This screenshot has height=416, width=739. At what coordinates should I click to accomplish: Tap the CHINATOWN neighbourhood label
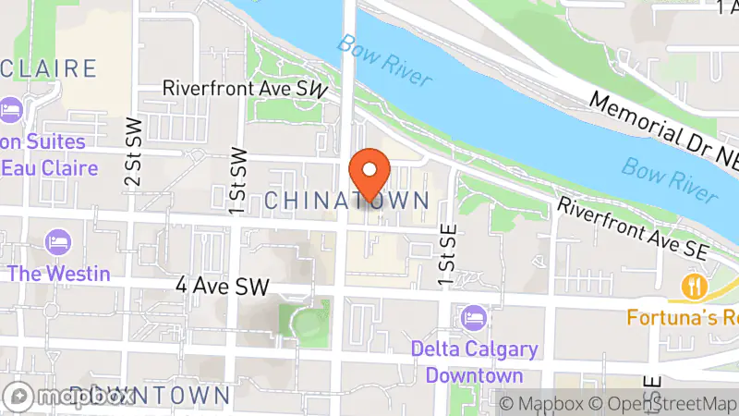coord(346,200)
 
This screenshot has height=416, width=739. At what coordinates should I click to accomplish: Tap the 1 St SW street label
coord(238,180)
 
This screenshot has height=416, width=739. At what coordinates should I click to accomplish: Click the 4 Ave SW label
coord(221,287)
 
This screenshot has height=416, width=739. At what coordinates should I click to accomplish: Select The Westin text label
coord(59,274)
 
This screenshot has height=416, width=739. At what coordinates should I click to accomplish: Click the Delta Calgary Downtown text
coord(475,363)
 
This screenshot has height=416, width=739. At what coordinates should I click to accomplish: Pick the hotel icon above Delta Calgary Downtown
coord(475,318)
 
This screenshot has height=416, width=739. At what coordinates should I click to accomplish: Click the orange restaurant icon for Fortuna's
coord(693,286)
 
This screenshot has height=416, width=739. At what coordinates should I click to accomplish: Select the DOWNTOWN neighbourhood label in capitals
coord(150,397)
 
